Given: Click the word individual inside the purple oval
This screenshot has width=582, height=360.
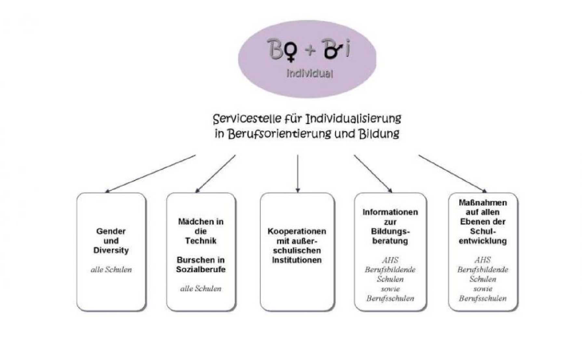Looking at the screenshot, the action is point(310,73).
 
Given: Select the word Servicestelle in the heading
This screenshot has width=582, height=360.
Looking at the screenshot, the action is point(247,119).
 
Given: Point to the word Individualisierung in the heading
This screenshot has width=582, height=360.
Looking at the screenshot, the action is point(353,119).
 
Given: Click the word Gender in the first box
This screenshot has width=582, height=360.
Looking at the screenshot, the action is point(111,231).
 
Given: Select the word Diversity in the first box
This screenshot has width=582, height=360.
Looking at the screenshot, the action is point(111,250).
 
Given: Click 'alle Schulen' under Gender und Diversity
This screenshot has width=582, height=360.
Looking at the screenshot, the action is point(111,269).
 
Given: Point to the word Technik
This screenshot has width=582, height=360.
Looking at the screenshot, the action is point(201,241).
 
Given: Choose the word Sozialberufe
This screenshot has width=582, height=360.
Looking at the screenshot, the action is point(201,269).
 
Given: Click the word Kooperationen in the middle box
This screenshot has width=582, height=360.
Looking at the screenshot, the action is point(297,231).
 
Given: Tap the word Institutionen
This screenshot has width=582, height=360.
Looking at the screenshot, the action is point(297,260).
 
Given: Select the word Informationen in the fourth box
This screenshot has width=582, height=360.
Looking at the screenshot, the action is point(390,212).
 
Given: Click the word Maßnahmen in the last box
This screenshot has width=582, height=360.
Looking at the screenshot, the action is point(483,203).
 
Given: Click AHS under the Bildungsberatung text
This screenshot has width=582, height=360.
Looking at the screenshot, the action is point(390,260).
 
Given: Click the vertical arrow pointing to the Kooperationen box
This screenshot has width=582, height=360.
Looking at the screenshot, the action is point(298,174).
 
